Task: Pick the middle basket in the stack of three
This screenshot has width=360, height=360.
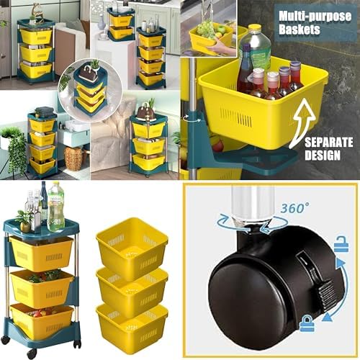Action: (132, 289)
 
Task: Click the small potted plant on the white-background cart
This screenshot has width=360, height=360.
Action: (25, 220)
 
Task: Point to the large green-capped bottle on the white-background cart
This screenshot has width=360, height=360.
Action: (55, 205)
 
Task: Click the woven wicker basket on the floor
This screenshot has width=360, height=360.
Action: (74, 157)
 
